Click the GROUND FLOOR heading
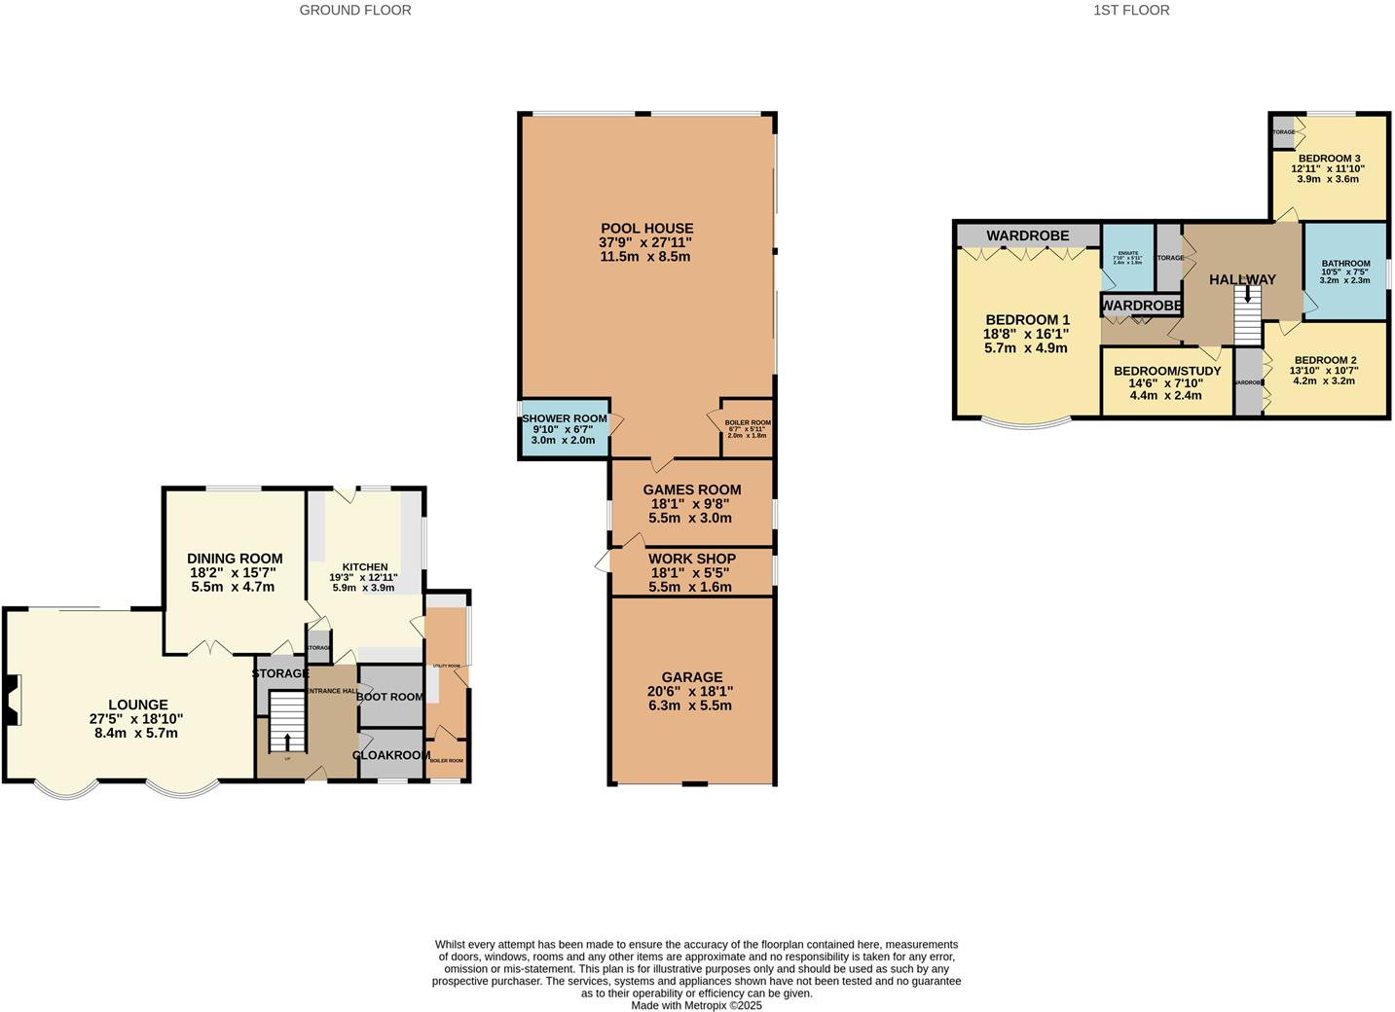(x=354, y=11)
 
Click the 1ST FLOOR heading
(x=1131, y=11)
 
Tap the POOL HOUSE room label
(x=646, y=229)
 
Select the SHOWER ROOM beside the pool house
(x=564, y=429)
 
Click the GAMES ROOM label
(x=691, y=490)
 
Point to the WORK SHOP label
(x=691, y=559)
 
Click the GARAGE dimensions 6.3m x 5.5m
(x=691, y=705)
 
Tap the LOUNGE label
(x=137, y=705)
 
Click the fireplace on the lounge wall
(x=11, y=702)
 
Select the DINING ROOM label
(x=235, y=559)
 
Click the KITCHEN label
(x=365, y=567)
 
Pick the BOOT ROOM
(x=389, y=697)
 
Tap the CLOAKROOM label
(x=391, y=755)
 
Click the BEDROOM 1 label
(x=1027, y=320)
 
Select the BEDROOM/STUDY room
(x=1166, y=382)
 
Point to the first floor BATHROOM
(x=1344, y=271)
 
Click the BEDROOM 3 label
(x=1328, y=159)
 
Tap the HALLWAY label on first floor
(x=1241, y=280)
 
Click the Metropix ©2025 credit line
(x=696, y=1006)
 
